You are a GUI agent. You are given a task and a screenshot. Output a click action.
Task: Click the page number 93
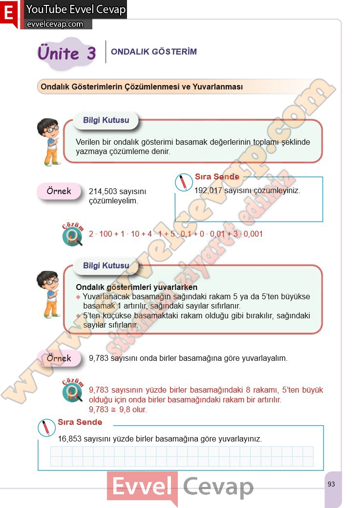point(331,484)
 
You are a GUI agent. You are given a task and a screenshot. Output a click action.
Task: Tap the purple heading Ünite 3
point(66,53)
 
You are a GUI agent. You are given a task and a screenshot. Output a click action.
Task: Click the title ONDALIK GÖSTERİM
point(154,52)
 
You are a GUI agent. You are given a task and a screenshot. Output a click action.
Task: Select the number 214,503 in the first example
point(104,192)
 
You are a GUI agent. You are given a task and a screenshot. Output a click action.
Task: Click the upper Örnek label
point(59,191)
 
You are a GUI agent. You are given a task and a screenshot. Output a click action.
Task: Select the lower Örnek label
point(59,358)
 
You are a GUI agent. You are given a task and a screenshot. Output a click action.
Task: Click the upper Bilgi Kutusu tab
point(106,120)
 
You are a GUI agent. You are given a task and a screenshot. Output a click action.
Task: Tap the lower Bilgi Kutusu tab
point(106,266)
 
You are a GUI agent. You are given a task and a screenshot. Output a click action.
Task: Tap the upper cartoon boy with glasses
point(49,141)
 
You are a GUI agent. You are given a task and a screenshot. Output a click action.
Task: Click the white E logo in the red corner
point(8,14)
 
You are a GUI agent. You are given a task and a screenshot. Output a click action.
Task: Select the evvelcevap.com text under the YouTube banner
point(55,24)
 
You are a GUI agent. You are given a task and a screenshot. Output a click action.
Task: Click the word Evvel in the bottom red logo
point(142,486)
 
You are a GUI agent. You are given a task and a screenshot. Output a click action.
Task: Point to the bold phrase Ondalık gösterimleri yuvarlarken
point(137,287)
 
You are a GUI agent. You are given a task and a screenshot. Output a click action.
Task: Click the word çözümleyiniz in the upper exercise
point(277,191)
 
